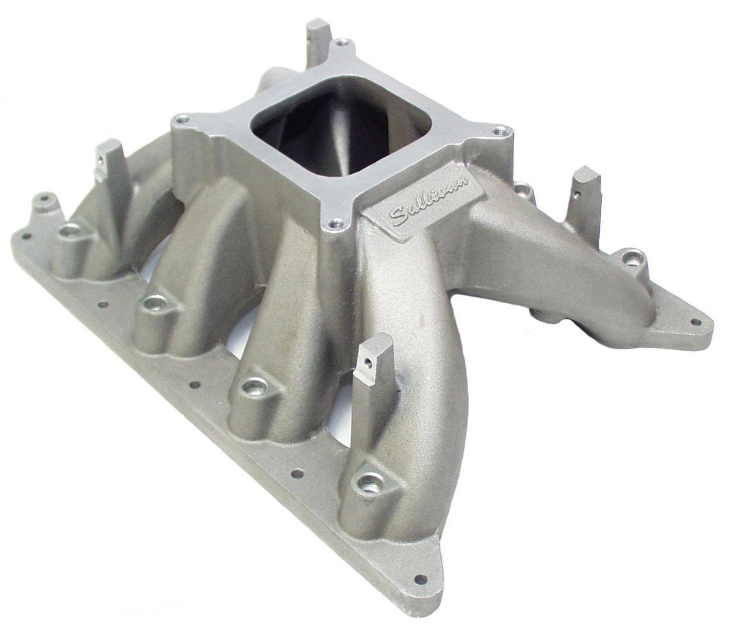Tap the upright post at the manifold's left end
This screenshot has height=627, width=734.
tap(108, 166)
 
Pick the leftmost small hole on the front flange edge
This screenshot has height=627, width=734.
tap(26, 237)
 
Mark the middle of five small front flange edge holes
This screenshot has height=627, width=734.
tap(196, 385)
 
